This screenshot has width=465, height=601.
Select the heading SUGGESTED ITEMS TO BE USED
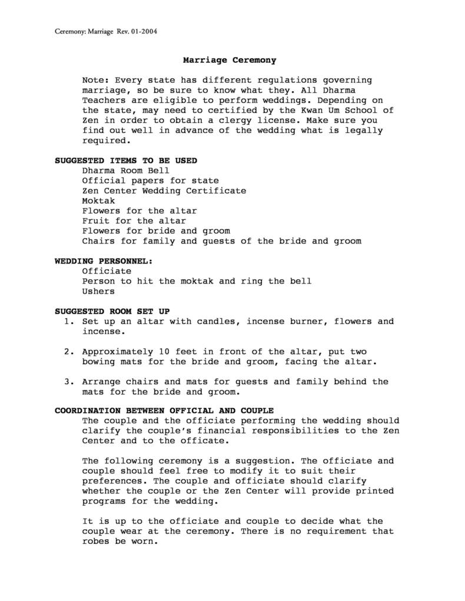126,161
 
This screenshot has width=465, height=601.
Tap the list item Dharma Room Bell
125,171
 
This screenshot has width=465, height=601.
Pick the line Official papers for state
150,181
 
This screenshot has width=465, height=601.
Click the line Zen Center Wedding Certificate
164,191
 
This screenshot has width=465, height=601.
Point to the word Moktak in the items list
98,201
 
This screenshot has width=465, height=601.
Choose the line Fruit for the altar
134,221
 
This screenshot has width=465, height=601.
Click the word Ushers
98,291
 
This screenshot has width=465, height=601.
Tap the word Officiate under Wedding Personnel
107,271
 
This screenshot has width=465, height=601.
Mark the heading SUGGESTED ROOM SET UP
112,311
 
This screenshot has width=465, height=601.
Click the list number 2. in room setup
68,352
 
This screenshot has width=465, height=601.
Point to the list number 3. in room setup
68,382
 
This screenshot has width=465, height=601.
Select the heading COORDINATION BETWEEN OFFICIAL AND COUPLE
164,410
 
